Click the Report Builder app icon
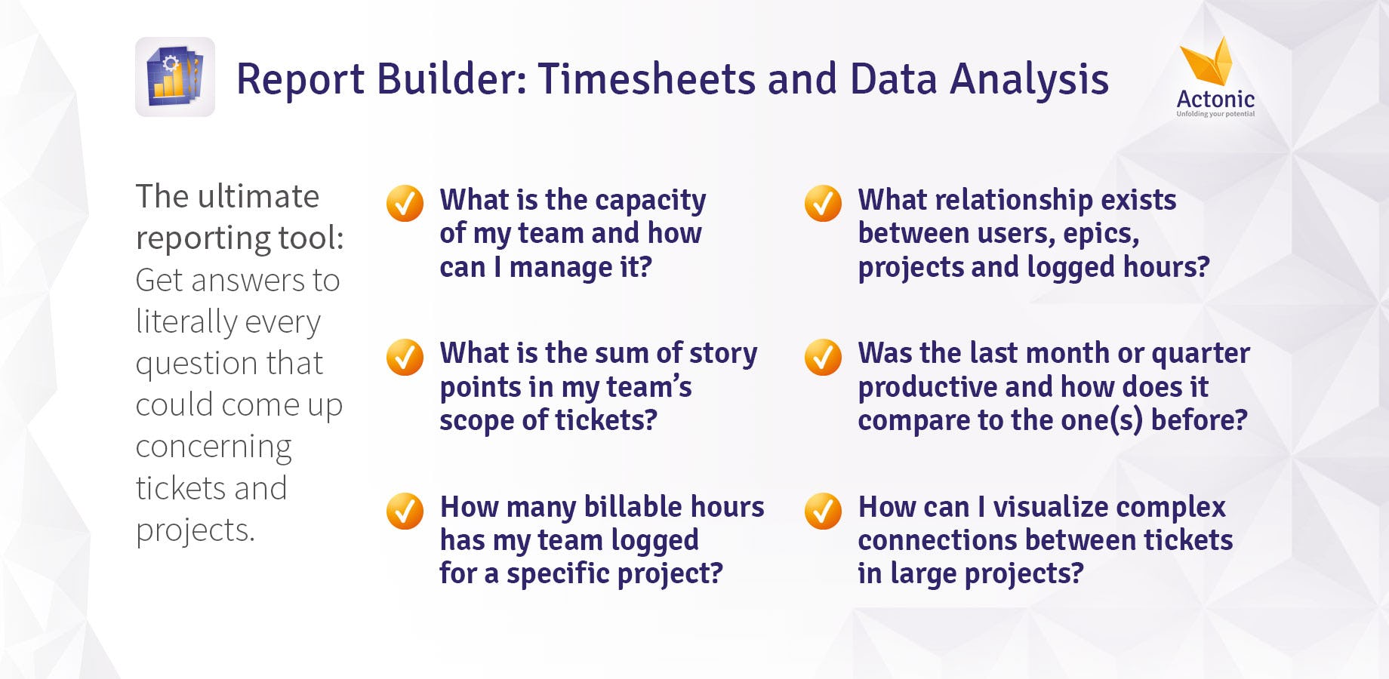(175, 77)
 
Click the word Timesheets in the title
(647, 79)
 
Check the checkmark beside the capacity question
(405, 203)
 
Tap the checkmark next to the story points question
(405, 357)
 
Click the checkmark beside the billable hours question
(405, 511)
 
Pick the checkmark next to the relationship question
(823, 203)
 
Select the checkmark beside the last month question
(823, 357)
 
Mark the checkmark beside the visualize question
(823, 511)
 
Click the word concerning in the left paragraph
(214, 447)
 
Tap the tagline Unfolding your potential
(1215, 114)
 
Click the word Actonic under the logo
(1215, 99)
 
